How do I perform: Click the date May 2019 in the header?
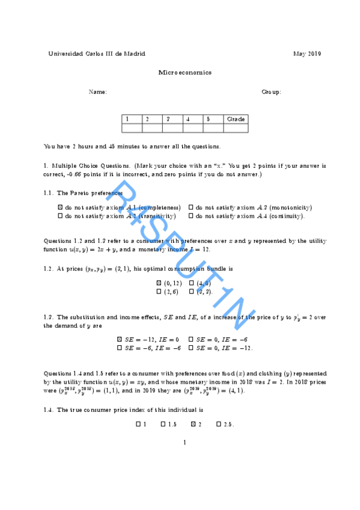pos(307,54)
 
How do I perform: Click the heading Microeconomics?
pos(185,72)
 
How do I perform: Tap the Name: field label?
pos(98,92)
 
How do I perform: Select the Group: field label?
pos(271,92)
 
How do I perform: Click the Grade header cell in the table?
pos(236,119)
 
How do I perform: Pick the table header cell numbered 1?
pos(132,119)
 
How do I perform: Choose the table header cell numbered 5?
pos(213,119)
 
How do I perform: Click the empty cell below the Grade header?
pos(236,127)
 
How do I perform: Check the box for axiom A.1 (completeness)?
pos(60,207)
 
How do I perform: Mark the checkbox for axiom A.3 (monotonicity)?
pos(191,207)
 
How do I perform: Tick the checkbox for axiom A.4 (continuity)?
pos(191,215)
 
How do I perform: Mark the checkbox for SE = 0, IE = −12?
pos(191,348)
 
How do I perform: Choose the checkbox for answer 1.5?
pos(163,425)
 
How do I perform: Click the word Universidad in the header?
pos(64,54)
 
